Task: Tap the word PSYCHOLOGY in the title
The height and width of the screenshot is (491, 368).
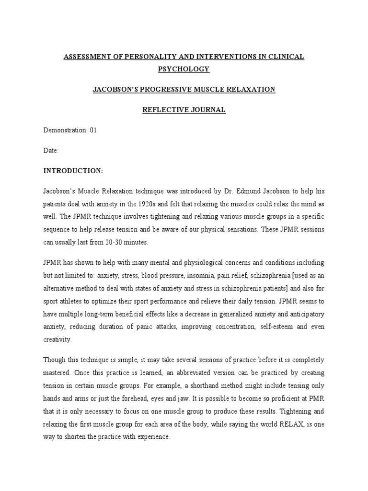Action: (x=184, y=69)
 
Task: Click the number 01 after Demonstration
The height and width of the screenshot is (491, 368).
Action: (x=93, y=130)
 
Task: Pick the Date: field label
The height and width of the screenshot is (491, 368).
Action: (x=51, y=150)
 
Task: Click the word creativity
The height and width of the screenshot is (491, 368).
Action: (x=57, y=339)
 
